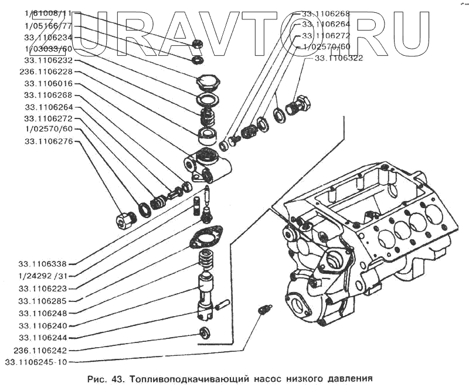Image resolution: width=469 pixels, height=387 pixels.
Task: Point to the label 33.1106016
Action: click(x=48, y=84)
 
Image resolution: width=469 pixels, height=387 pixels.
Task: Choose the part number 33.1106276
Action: click(x=48, y=141)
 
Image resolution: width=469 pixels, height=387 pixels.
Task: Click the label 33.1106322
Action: click(x=339, y=58)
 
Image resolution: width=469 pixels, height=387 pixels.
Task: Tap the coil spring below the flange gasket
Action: click(x=205, y=259)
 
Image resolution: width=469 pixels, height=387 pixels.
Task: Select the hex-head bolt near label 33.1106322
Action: click(x=301, y=106)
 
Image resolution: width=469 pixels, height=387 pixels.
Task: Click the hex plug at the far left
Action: click(x=125, y=220)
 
